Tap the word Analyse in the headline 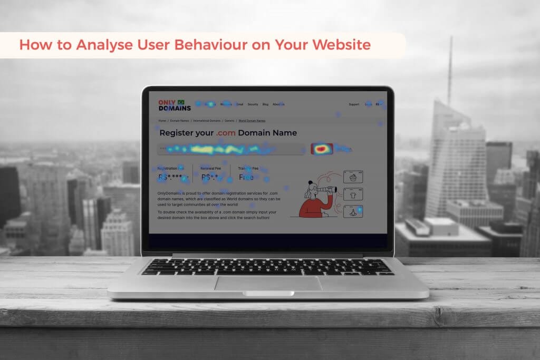[101, 45]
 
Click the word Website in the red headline [341, 45]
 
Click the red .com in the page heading [225, 133]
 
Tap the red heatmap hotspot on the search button [321, 149]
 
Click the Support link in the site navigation [354, 104]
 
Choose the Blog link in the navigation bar [265, 104]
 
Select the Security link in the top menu [253, 104]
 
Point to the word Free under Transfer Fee [246, 177]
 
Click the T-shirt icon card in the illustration [353, 194]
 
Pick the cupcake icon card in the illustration [353, 177]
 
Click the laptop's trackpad [268, 283]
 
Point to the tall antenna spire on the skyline [450, 69]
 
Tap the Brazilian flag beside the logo [181, 102]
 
